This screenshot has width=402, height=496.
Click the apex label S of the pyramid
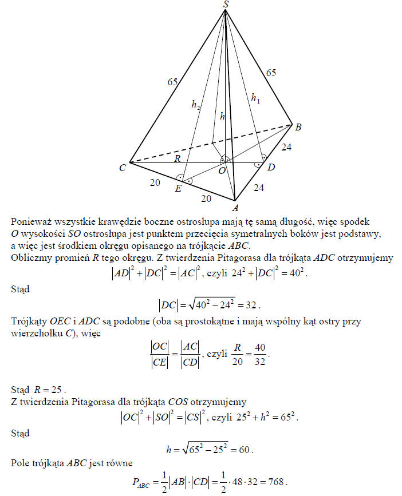[x=226, y=5]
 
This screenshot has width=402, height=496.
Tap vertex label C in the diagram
[x=122, y=168]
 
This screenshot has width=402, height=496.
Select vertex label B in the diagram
[x=298, y=126]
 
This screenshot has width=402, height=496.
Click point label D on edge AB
[x=271, y=167]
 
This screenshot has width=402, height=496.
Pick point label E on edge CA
[x=178, y=188]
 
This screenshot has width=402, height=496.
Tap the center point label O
[x=221, y=170]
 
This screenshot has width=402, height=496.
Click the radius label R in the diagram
[x=178, y=158]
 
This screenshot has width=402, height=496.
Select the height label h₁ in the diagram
[x=255, y=98]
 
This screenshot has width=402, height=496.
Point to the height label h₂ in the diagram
[x=195, y=105]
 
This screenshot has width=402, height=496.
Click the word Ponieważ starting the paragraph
[x=31, y=221]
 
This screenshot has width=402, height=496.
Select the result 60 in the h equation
[x=245, y=450]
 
